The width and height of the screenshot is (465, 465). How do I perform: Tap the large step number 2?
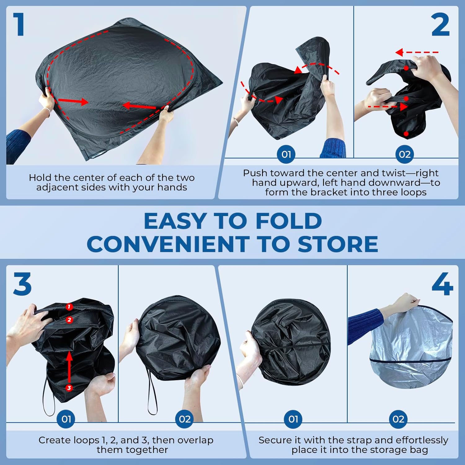click(440, 25)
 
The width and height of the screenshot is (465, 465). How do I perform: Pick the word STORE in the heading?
click(338, 244)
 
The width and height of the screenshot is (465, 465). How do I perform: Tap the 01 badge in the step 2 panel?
click(286, 154)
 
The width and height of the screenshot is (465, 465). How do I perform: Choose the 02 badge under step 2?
click(405, 154)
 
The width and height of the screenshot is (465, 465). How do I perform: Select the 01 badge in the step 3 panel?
click(66, 419)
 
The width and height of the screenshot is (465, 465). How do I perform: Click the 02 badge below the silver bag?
click(398, 419)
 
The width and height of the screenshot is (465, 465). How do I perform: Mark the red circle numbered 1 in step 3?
click(69, 307)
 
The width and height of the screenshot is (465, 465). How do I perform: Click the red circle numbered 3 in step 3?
click(69, 388)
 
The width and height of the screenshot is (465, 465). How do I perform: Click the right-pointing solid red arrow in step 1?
click(73, 101)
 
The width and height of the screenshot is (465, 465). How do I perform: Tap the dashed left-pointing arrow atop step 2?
click(417, 52)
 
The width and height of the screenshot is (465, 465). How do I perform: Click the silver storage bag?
click(411, 350)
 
